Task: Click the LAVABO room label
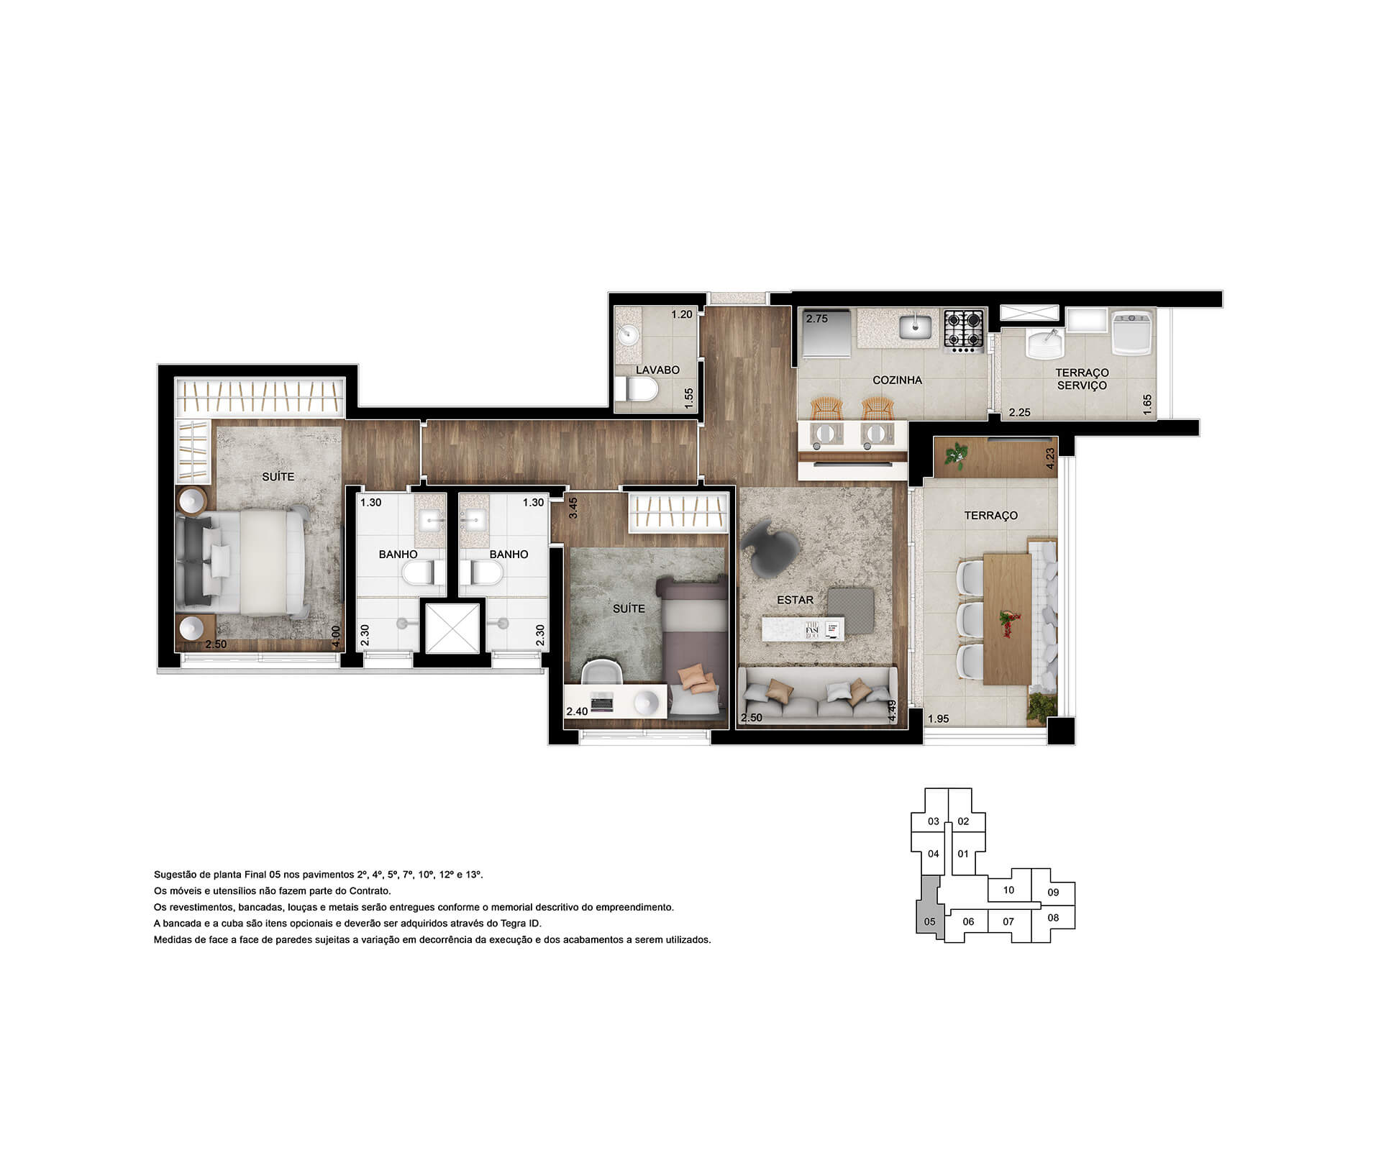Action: pyautogui.click(x=657, y=370)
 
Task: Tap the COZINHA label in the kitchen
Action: pyautogui.click(x=897, y=380)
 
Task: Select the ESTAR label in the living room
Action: pyautogui.click(x=795, y=600)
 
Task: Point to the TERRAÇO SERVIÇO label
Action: pyautogui.click(x=1082, y=379)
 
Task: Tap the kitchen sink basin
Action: pyautogui.click(x=915, y=327)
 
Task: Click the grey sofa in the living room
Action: pyautogui.click(x=818, y=693)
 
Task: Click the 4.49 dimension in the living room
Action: pyautogui.click(x=892, y=710)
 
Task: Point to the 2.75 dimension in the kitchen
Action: pyautogui.click(x=816, y=319)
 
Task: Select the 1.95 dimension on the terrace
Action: pyautogui.click(x=939, y=719)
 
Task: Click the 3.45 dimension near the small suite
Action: pyautogui.click(x=573, y=508)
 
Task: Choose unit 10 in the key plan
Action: pyautogui.click(x=1008, y=890)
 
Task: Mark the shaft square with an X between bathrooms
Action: pyautogui.click(x=452, y=629)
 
